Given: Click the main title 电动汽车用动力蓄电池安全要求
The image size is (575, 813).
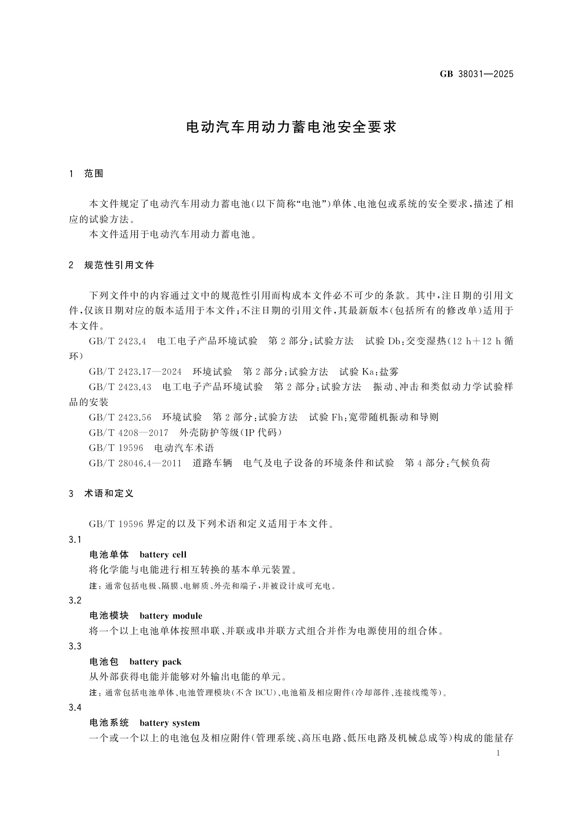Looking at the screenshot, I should (x=291, y=127).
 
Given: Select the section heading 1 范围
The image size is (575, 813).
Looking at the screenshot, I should (x=87, y=174).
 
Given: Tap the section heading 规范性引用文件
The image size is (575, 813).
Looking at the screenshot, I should (x=119, y=265).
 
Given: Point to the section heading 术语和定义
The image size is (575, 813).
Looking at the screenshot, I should (x=109, y=493).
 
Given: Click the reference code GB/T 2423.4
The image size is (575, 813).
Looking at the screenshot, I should (x=117, y=341).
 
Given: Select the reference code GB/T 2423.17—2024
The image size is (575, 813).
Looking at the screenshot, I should (x=135, y=372).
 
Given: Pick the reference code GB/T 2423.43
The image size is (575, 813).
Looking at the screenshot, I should (x=120, y=387).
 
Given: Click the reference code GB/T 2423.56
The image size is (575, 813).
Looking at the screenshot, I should (x=120, y=417).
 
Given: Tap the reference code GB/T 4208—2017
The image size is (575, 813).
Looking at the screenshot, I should (x=128, y=432).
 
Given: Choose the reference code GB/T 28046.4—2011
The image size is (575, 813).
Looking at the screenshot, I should (x=135, y=463).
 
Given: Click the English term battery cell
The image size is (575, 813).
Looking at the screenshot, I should (x=163, y=555).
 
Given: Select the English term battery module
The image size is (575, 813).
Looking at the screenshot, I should (x=171, y=616).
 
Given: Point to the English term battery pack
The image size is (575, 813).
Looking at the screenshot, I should (x=155, y=661).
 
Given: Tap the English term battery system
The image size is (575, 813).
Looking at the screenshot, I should (x=169, y=723).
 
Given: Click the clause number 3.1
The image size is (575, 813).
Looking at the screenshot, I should (x=75, y=539).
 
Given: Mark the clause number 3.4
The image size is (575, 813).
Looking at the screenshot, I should (x=75, y=707).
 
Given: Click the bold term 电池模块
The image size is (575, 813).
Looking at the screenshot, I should (x=109, y=616).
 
